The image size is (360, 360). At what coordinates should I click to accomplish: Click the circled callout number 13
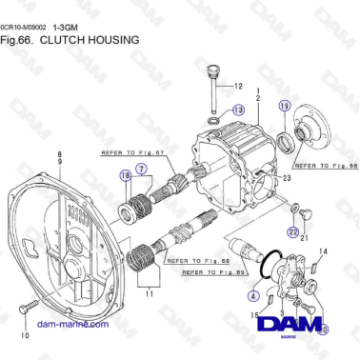[237, 110]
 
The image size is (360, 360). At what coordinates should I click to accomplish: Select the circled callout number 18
[125, 174]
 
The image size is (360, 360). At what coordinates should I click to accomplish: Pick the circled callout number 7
[141, 169]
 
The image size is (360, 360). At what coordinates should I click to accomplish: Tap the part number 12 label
[238, 85]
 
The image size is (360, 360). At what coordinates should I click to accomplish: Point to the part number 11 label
[148, 294]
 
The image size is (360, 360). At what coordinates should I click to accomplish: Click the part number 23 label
[287, 178]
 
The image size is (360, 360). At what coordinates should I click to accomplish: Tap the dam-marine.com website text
[70, 324]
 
